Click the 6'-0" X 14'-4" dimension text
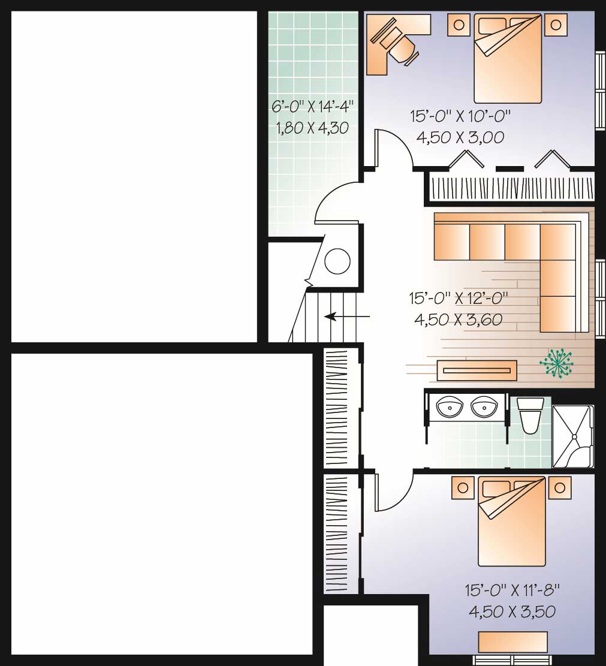312,106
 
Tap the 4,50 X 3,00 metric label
460,137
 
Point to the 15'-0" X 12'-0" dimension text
459,298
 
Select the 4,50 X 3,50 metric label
512,611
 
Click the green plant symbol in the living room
556,363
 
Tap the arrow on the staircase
346,317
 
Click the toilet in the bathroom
530,415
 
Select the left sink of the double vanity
449,406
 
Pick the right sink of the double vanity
484,406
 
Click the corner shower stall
572,436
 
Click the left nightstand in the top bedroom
459,25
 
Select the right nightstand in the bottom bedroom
560,487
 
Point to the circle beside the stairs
337,261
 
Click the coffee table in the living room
477,371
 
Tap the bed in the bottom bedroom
512,521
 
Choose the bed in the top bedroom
508,58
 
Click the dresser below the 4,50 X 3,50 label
512,641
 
